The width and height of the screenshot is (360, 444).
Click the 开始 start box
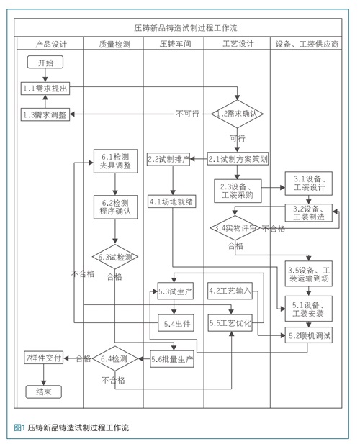[45, 63]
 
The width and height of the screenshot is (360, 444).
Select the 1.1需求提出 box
[45, 89]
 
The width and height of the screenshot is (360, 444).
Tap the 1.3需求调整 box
[45, 114]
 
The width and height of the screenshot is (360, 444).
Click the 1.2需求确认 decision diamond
[237, 114]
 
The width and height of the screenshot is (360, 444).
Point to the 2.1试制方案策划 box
[238, 159]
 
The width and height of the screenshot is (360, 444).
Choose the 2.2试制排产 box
[168, 159]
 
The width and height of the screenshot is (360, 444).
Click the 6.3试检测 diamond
[115, 257]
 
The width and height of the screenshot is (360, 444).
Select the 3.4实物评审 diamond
[235, 227]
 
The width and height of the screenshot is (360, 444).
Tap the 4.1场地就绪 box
[171, 201]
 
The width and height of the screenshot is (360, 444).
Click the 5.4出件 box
[176, 323]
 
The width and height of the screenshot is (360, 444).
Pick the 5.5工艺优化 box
[230, 323]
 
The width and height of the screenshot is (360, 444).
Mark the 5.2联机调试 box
[308, 335]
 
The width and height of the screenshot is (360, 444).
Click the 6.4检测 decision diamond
[114, 358]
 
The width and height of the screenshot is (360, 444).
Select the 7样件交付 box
[44, 358]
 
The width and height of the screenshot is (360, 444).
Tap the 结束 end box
[44, 391]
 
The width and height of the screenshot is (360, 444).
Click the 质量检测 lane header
[114, 44]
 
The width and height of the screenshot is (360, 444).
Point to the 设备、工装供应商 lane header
[307, 44]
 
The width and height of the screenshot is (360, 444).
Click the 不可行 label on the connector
[187, 114]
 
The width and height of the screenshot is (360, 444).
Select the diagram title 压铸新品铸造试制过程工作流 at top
[186, 28]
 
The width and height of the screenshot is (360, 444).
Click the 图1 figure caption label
[20, 427]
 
